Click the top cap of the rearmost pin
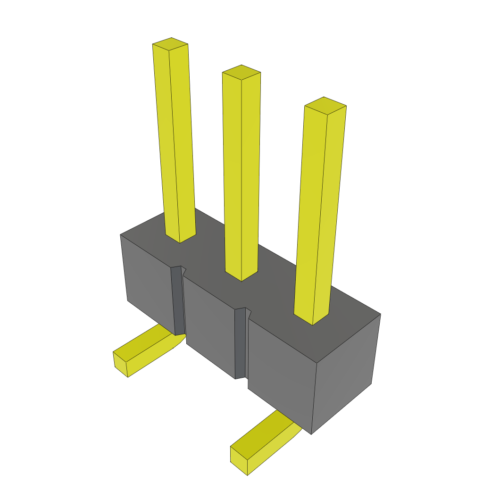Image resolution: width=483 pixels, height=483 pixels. [x=170, y=44]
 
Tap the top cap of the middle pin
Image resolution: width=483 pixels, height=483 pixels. [x=241, y=73]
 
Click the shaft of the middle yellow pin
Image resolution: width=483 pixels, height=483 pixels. [x=241, y=175]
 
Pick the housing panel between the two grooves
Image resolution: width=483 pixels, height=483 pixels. [x=209, y=325]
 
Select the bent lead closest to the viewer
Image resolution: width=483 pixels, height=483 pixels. [x=264, y=441]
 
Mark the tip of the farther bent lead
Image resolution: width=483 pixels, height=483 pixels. [x=120, y=363]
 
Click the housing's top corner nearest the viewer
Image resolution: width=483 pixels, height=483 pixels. [x=316, y=363]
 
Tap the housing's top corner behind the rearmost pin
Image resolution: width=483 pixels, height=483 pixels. [x=121, y=235]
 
